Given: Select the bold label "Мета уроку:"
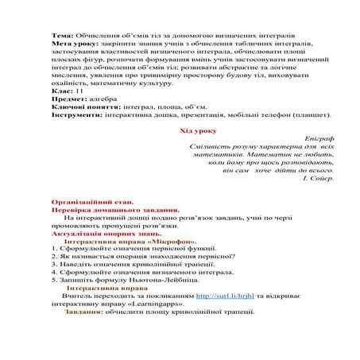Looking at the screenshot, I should [x=72, y=46].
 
